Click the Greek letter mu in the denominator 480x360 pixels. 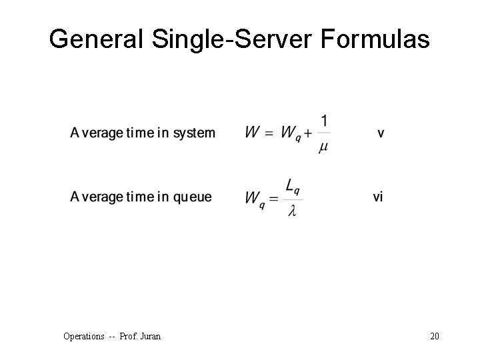point(323,148)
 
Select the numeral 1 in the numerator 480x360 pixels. point(324,121)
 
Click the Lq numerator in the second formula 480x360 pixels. point(293,185)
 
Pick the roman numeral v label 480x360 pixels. point(381,133)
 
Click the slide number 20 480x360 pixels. point(435,336)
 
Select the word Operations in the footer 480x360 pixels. point(84,336)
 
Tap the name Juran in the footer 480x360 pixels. point(149,336)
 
